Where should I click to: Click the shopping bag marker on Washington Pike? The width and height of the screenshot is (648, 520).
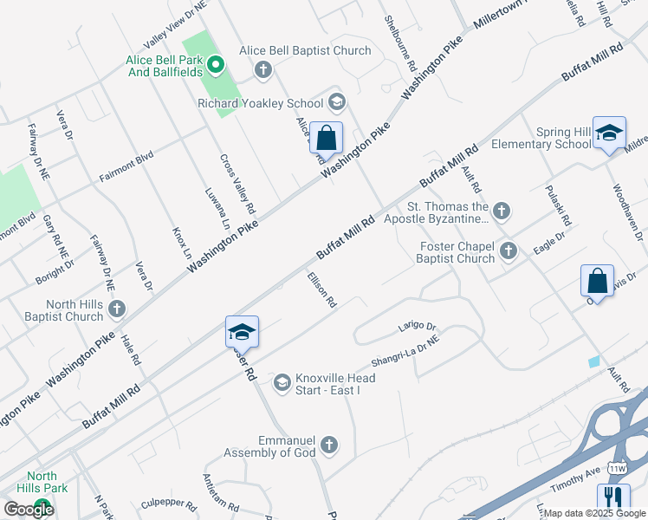pyautogui.click(x=326, y=138)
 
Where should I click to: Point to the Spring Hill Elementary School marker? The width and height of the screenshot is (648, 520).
pyautogui.click(x=609, y=133)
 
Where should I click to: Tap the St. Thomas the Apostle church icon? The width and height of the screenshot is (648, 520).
pyautogui.click(x=500, y=210)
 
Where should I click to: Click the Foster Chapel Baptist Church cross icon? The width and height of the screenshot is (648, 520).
pyautogui.click(x=509, y=251)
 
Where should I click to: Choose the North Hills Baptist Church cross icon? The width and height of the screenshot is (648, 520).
pyautogui.click(x=117, y=308)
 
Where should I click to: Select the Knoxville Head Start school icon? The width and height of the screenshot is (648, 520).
pyautogui.click(x=282, y=382)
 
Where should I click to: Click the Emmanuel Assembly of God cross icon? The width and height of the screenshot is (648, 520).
pyautogui.click(x=327, y=445)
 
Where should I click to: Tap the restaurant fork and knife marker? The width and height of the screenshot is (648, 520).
pyautogui.click(x=613, y=498)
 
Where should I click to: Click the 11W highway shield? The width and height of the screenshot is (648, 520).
pyautogui.click(x=617, y=468)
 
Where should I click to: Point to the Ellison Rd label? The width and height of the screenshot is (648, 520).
pyautogui.click(x=321, y=291)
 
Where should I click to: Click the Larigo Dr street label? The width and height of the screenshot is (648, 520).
pyautogui.click(x=416, y=326)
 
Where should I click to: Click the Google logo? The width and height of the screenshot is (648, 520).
pyautogui.click(x=29, y=510)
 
